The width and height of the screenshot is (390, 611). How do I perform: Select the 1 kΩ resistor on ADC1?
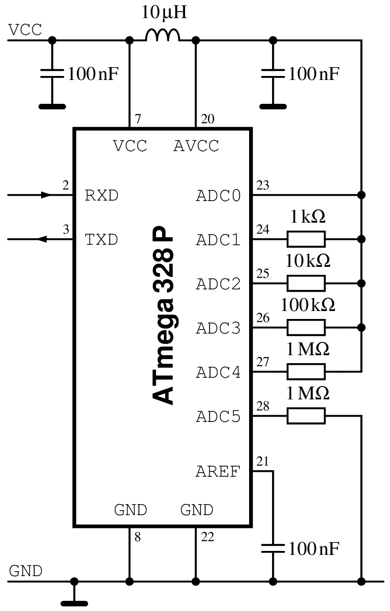click(x=306, y=239)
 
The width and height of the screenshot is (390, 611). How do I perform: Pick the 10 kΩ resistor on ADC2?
click(x=306, y=283)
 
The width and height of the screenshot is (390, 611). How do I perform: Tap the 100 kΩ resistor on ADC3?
click(x=306, y=327)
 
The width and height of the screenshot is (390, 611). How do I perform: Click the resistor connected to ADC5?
click(x=306, y=416)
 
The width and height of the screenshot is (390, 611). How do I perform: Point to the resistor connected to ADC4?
click(x=306, y=372)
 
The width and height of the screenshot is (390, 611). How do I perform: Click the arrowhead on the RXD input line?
click(x=46, y=195)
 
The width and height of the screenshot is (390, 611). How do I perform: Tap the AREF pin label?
click(x=218, y=472)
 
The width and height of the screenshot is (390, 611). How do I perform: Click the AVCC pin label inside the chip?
click(x=196, y=146)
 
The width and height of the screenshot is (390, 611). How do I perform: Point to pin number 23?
click(x=263, y=185)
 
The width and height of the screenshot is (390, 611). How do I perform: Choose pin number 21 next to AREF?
click(x=262, y=461)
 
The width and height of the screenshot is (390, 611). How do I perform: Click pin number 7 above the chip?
click(x=138, y=119)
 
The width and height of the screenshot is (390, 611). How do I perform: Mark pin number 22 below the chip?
click(x=208, y=537)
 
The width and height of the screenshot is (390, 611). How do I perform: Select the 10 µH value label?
click(x=164, y=12)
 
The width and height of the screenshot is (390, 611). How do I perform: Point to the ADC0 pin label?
click(x=218, y=196)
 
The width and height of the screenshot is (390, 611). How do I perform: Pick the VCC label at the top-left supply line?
click(x=25, y=30)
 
